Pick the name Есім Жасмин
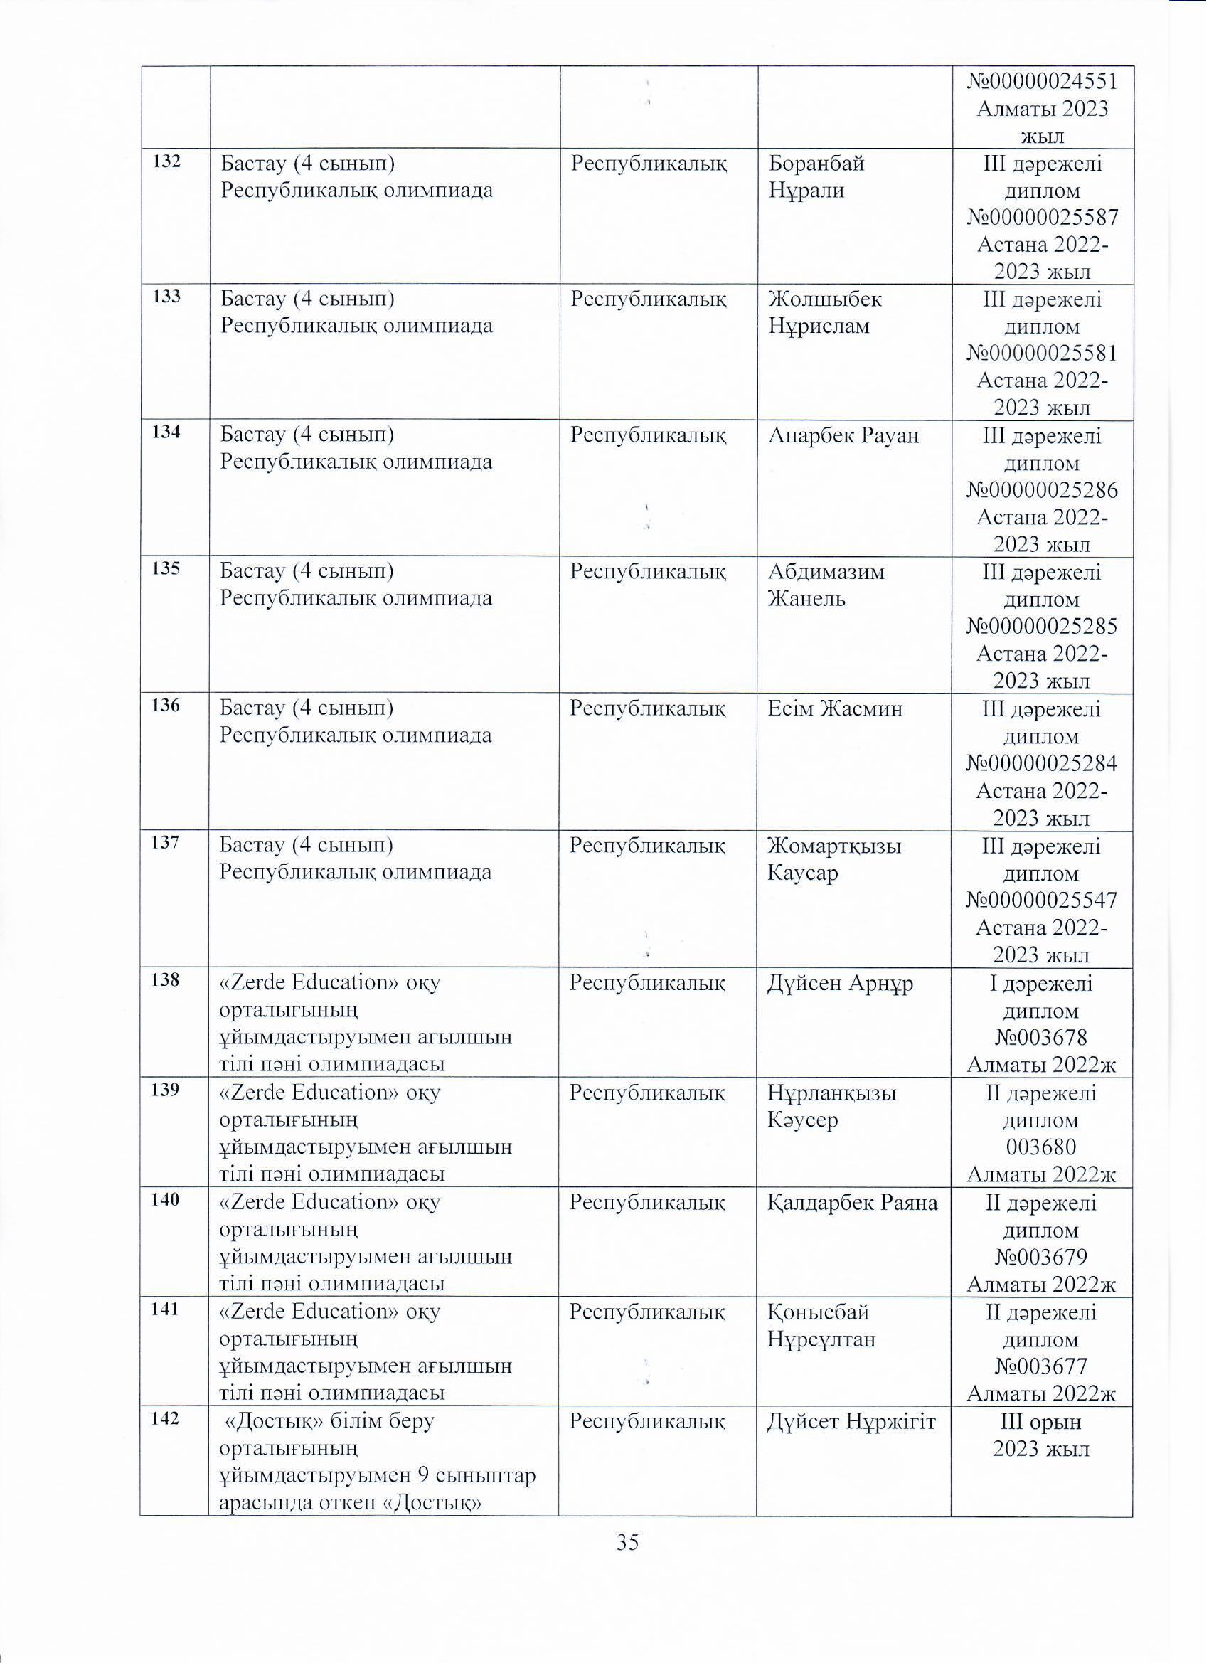click(x=835, y=708)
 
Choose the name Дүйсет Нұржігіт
click(x=852, y=1422)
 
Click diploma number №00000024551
click(x=1043, y=80)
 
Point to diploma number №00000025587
click(x=1043, y=218)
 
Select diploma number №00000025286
click(x=1043, y=491)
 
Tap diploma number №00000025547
click(x=1043, y=900)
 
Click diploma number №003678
click(x=1042, y=1038)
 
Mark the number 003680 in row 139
click(x=1042, y=1147)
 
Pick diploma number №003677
click(x=1042, y=1366)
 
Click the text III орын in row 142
click(x=1041, y=1422)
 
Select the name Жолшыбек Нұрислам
click(x=826, y=313)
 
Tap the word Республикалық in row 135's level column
click(x=648, y=571)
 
